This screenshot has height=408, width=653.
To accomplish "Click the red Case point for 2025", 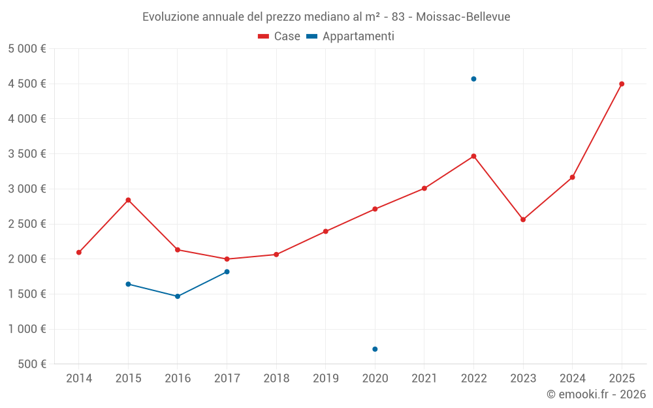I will point(622,84).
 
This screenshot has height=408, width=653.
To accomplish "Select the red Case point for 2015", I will point(128,200).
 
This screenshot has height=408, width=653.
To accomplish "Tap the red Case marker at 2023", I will point(523,219).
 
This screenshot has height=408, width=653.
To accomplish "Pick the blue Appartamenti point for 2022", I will point(473,79).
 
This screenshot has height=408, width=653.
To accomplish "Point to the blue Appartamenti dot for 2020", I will point(375,349).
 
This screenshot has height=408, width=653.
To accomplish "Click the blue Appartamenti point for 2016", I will point(178,296).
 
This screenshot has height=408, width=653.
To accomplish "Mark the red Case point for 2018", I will point(276,255).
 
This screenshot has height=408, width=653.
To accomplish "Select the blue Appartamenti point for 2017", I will point(227,272).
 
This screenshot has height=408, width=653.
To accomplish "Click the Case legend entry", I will point(279,37).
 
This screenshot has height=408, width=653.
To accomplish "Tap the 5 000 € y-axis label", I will point(27,49).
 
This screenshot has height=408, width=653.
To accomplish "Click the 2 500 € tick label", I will point(27,224).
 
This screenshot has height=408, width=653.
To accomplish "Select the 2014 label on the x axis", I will point(79,378).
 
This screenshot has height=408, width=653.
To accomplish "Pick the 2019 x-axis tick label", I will point(326,378).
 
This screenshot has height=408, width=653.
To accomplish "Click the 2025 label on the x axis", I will point(622,378).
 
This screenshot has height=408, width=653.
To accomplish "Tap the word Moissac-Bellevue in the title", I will point(463,17).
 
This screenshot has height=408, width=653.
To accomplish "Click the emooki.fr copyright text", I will point(596,394).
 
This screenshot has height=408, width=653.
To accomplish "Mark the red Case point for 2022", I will point(473,156).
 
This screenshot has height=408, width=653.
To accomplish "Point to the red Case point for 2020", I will point(375,209).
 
